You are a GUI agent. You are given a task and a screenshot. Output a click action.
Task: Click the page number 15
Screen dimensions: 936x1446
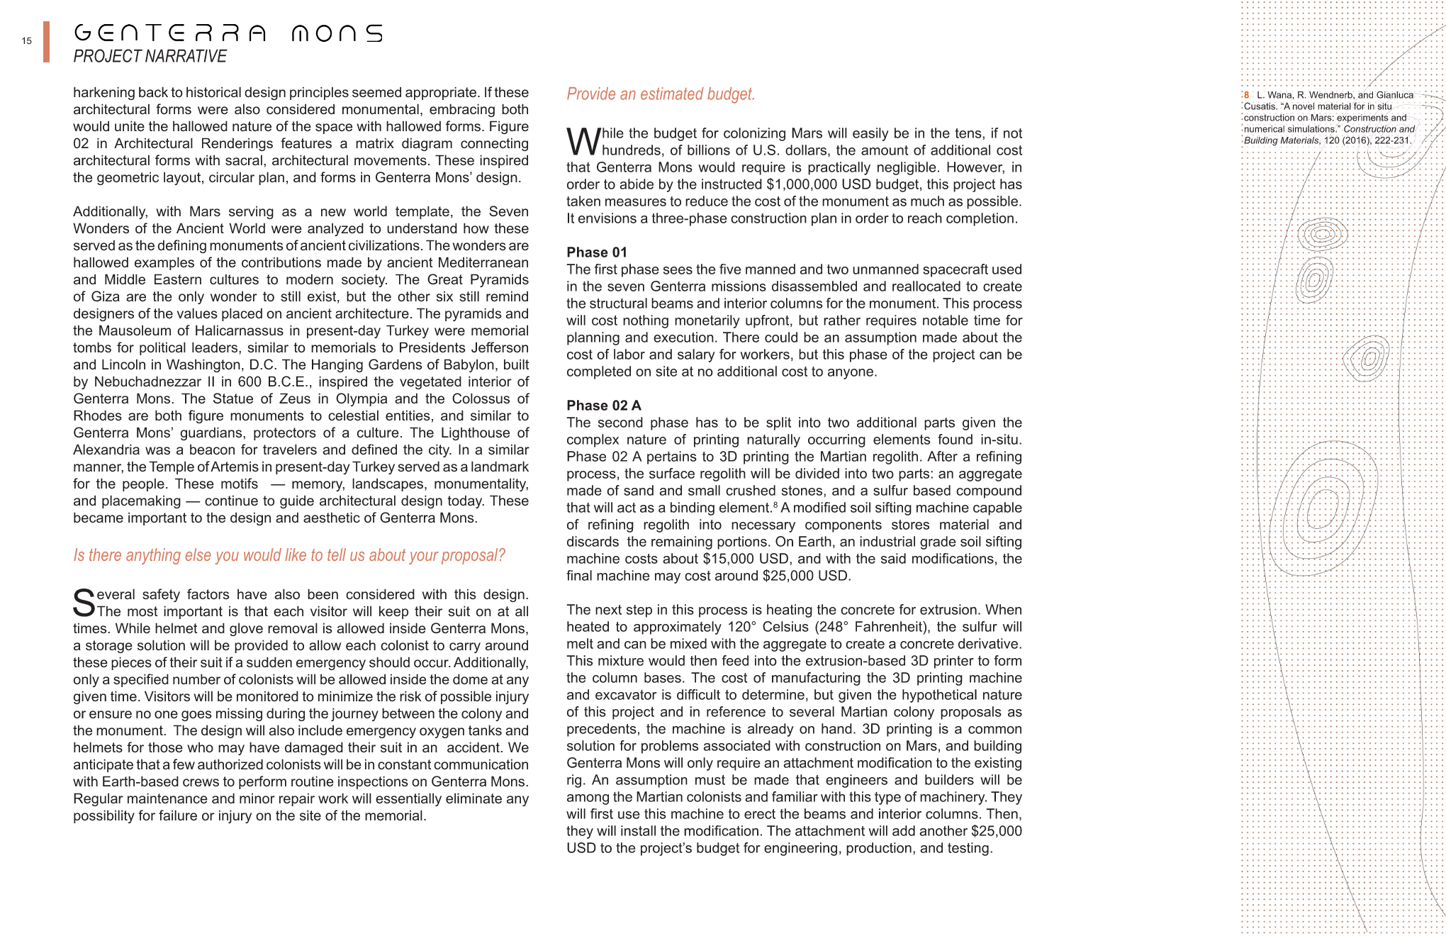coord(26,41)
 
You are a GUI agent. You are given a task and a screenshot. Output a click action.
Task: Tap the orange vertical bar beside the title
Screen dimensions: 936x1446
coord(46,42)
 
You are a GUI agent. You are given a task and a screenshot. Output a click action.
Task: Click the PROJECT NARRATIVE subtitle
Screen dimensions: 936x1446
coord(150,57)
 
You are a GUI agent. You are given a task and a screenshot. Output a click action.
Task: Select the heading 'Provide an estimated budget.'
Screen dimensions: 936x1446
coord(660,94)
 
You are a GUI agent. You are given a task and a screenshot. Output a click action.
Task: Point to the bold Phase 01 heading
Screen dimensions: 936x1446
coord(596,252)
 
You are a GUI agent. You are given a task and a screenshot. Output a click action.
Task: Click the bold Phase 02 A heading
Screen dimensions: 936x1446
coord(603,406)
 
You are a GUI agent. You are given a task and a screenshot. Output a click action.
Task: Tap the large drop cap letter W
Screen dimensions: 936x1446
coord(583,141)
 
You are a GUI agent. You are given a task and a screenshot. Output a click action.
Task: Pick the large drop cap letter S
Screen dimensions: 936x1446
coord(84,603)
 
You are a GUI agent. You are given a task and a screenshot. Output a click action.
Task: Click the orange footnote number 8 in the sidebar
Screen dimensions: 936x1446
coord(1247,95)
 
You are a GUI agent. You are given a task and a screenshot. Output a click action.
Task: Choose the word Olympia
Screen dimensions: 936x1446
coord(361,399)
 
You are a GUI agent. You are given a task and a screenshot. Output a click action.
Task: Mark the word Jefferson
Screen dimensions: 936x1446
coord(493,347)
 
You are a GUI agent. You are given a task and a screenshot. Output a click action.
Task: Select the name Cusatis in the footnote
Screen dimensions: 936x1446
coord(1260,106)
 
